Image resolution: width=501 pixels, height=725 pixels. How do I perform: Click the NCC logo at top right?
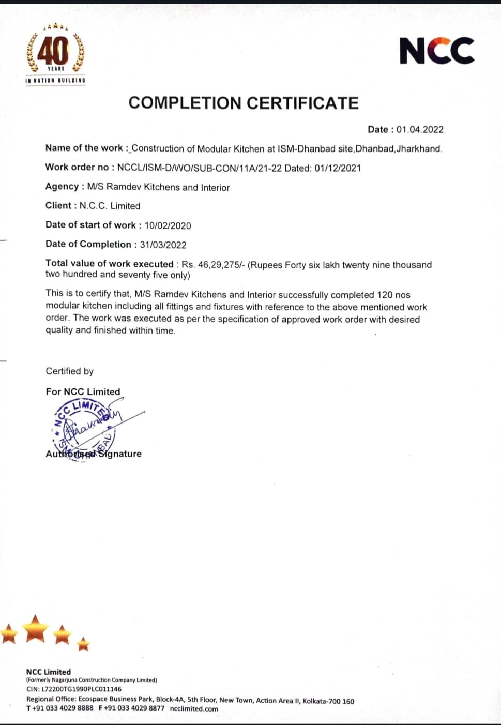437,51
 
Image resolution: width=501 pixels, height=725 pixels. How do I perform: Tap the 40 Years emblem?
55,53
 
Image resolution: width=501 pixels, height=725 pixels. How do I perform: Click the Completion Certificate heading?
243,103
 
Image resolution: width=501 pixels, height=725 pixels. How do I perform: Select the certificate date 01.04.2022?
420,130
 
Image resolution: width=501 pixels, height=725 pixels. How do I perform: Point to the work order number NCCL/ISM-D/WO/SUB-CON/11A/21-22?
199,168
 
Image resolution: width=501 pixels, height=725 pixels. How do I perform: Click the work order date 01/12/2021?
338,168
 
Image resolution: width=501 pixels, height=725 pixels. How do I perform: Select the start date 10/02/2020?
168,225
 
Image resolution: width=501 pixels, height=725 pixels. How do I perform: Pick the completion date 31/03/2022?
163,245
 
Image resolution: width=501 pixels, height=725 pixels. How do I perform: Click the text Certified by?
69,371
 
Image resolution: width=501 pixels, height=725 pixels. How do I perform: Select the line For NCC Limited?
83,391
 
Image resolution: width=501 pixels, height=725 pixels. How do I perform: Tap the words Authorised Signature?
94,454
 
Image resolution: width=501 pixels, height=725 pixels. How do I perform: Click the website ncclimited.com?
194,708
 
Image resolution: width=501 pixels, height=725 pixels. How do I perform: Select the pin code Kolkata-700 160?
328,701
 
